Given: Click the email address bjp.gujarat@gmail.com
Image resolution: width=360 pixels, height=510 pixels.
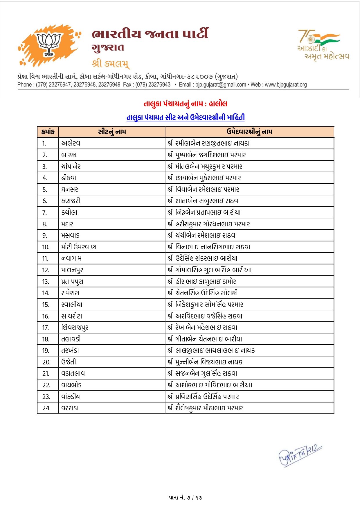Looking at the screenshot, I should pos(221,85).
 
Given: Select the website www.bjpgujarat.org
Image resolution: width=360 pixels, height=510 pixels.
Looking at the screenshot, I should pos(286,85).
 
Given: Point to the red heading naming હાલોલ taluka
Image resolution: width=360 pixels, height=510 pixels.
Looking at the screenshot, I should pos(185,104).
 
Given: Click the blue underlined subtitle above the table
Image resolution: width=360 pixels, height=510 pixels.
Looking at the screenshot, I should pos(185,117).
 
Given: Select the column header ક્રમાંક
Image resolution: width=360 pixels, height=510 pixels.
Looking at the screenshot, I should pos(48,132).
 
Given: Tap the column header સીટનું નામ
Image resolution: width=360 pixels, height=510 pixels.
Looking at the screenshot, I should pos(112,132).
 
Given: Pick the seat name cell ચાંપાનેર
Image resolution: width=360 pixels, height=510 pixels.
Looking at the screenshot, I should pos(71,167).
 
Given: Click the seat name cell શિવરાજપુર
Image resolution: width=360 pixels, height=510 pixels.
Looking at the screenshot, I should pos(75,328).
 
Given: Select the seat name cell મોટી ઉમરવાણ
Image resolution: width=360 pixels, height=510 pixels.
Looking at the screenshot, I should pos(79,247).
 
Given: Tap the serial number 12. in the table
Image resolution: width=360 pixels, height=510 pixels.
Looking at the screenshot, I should pos(46,270).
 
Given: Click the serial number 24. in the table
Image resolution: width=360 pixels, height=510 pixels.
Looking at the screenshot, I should pos(46,408).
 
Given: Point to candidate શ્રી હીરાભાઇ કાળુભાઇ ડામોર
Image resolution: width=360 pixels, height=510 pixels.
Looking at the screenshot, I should pos(202,282).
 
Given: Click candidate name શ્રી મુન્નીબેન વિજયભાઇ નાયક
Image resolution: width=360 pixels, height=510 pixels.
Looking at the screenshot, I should pos(205,362).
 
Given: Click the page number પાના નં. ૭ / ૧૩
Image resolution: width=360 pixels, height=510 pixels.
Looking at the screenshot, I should pos(185,498).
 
